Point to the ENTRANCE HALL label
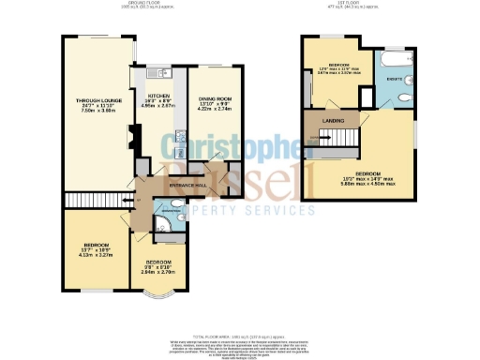point(187,185)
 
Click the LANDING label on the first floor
point(331,120)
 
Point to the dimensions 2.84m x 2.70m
point(158,273)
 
